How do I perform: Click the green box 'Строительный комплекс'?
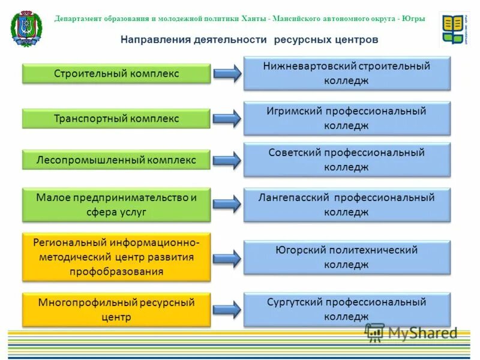click(116, 74)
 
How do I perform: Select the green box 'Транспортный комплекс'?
click(116, 118)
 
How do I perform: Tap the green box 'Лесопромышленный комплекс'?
click(116, 160)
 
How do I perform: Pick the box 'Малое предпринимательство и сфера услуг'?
click(116, 205)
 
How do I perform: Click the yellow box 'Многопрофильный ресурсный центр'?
click(116, 310)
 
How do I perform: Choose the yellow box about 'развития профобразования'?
click(116, 257)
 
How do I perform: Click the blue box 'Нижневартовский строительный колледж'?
click(347, 73)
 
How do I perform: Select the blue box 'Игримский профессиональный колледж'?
click(347, 118)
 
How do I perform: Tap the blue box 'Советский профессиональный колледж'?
click(347, 160)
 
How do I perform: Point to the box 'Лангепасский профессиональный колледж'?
click(347, 205)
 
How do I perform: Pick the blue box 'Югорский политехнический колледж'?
click(347, 257)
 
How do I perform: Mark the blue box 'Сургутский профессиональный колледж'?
click(347, 310)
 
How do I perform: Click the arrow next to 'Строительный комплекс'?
click(227, 74)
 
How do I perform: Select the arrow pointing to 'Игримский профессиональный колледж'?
click(227, 118)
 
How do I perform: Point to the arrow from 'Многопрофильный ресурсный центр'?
click(227, 310)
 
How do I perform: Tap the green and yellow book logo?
click(455, 29)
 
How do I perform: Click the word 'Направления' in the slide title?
click(155, 40)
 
